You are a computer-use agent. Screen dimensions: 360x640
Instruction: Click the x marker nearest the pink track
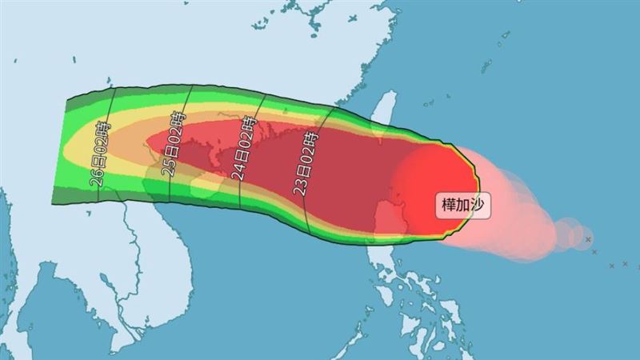(587, 239)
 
